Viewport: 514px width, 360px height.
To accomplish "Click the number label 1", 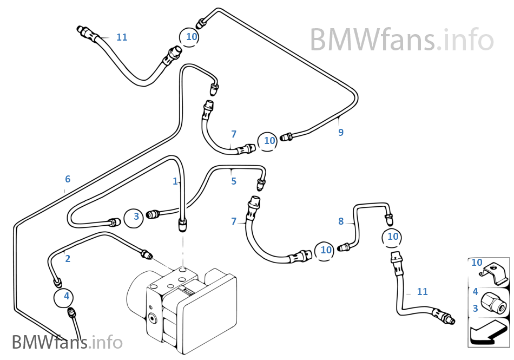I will pyautogui.click(x=175, y=181).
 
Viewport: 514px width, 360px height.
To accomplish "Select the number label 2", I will pyautogui.click(x=68, y=259).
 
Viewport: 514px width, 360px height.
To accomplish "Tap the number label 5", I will pyautogui.click(x=234, y=181).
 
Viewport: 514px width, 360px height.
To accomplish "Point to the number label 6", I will pyautogui.click(x=68, y=179).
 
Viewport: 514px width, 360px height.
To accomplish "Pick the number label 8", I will pyautogui.click(x=341, y=221).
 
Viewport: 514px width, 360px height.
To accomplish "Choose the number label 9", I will pyautogui.click(x=341, y=132).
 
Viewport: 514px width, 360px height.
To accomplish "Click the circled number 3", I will pyautogui.click(x=136, y=217).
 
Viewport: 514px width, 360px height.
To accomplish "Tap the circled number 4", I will pyautogui.click(x=67, y=296).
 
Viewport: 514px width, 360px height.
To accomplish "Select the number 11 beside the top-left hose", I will pyautogui.click(x=122, y=37).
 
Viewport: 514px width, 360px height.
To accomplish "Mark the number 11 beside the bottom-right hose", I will pyautogui.click(x=422, y=292).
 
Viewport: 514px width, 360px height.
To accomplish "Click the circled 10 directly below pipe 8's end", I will pyautogui.click(x=393, y=237).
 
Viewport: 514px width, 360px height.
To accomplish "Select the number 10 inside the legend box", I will pyautogui.click(x=477, y=263).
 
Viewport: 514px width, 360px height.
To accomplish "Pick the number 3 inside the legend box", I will pyautogui.click(x=475, y=309).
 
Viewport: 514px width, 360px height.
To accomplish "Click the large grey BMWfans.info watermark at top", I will pyautogui.click(x=401, y=40).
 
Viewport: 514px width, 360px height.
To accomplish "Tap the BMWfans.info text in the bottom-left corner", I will pyautogui.click(x=67, y=342).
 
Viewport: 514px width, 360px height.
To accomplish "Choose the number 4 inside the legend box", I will pyautogui.click(x=475, y=292).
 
